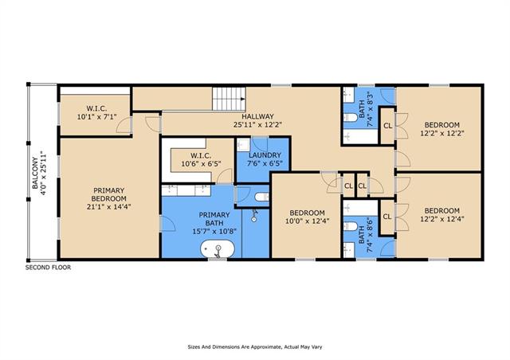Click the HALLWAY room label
point(257,116)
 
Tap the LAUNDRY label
point(265,155)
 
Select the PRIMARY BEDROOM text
point(108,194)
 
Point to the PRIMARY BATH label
point(214,219)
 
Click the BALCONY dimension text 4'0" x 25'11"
point(44,173)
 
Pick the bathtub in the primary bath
point(218,249)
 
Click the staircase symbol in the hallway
point(229,99)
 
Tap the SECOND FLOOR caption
point(48,268)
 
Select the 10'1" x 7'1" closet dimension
point(96,116)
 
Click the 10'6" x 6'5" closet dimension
point(201,163)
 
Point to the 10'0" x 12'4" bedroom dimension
point(308,221)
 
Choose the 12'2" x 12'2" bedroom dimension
point(442,133)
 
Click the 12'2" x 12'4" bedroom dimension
point(442,219)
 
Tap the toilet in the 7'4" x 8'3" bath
point(351,117)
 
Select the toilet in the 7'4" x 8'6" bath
point(351,226)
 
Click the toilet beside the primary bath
point(262,197)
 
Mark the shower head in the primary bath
point(254,215)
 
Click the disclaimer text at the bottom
point(255,347)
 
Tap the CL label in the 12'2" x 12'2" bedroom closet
point(388,126)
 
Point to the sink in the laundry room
point(243,145)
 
